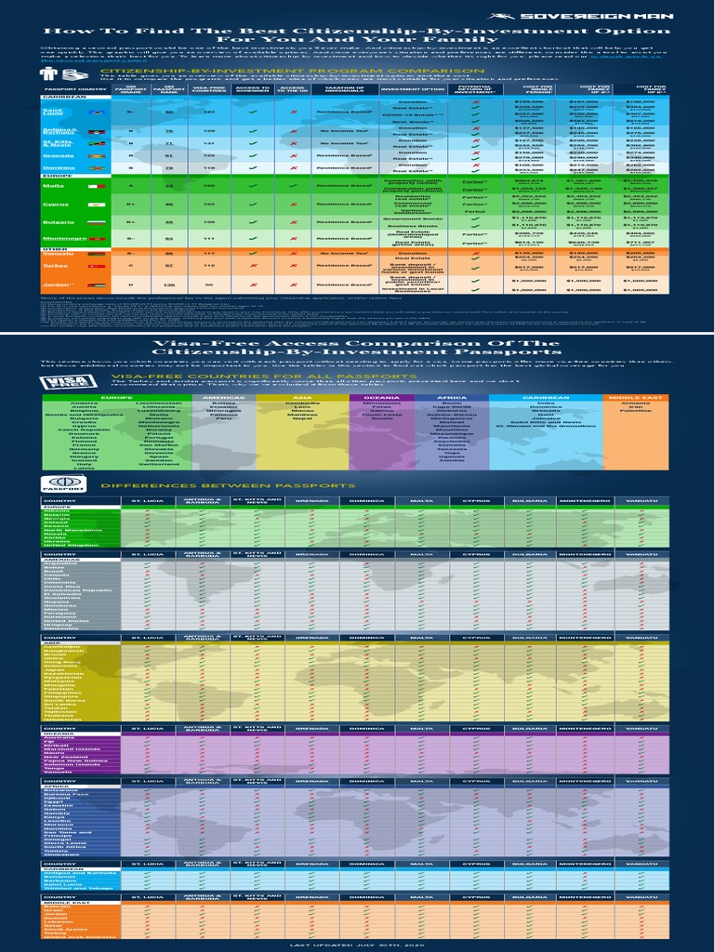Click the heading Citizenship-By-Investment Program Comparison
tap(292, 71)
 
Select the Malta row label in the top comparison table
tap(54, 186)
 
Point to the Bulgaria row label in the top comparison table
tap(56, 223)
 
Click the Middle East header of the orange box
tap(636, 397)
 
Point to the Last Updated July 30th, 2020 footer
tap(357, 944)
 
